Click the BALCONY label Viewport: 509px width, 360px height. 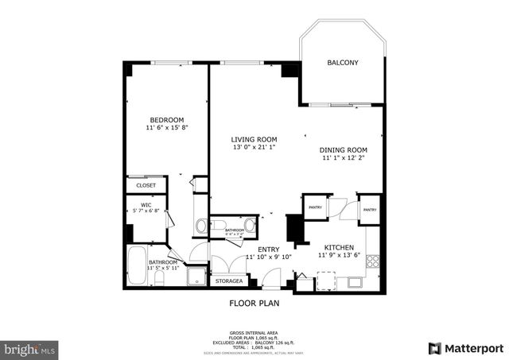pos(343,63)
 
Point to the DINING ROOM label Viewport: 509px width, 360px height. pos(344,150)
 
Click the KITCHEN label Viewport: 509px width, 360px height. pos(339,248)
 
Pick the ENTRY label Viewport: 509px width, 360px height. pos(268,250)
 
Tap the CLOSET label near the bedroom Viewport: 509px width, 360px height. pos(146,185)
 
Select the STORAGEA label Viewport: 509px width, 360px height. pos(229,281)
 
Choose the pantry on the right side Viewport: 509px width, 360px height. pos(370,210)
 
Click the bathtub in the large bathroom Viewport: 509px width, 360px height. pos(136,266)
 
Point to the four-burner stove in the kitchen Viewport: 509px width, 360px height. pos(371,258)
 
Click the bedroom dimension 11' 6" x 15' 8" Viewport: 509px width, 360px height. pos(166,128)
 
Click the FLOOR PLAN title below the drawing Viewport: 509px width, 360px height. pos(254,303)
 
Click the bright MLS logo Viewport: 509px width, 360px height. pos(29,348)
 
